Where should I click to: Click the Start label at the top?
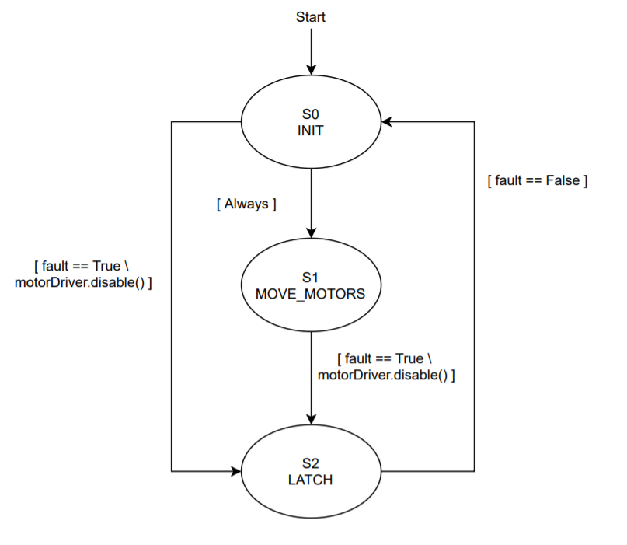pos(310,16)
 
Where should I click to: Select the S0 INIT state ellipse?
pos(310,144)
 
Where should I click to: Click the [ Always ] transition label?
pos(246,204)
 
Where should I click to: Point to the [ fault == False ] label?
pos(537,180)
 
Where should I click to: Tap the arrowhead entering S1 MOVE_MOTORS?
pos(310,232)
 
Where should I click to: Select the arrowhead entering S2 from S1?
pos(310,421)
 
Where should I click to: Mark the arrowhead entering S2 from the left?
pos(235,471)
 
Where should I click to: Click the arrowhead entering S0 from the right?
pos(386,122)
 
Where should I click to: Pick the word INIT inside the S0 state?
pos(310,131)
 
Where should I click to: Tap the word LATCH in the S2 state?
pos(310,480)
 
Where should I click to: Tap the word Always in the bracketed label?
pos(246,204)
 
